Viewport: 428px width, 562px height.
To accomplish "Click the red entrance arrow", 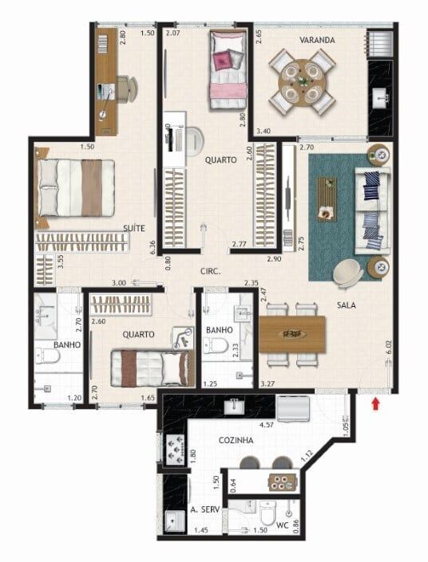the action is point(375,405).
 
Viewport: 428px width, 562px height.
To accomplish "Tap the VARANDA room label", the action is point(317,40).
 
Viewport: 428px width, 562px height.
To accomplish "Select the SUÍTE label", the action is point(134,228).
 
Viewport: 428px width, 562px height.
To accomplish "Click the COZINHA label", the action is point(236,440).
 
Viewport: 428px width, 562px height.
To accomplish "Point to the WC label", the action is point(282,525).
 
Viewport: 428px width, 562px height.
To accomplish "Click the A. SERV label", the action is point(205,509).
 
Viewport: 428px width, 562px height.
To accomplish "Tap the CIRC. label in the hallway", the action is point(211,272).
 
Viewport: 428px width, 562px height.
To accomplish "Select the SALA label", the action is point(346,305).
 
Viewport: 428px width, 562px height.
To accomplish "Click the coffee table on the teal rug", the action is point(327,199).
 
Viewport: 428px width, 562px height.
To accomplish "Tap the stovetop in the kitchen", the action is point(176,449).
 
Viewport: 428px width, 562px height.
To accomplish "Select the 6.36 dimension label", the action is point(153,248).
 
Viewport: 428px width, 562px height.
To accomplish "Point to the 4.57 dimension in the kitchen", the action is point(267,425).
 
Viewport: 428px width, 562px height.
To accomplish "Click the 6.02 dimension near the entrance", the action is point(388,348).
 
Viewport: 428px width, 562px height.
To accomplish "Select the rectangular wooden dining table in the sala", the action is point(292,334).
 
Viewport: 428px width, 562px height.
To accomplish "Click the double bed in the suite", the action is point(75,187).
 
